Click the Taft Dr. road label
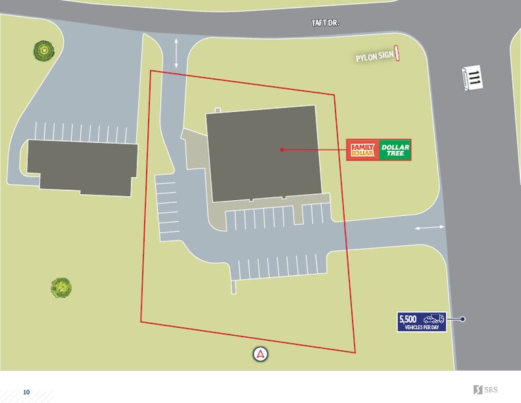point(325,23)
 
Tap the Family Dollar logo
point(363,149)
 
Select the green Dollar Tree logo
point(395,149)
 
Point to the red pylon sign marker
point(398,53)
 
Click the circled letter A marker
point(260,354)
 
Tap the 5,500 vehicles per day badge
point(422,321)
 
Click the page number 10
point(27,392)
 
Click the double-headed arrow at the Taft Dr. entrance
point(177,53)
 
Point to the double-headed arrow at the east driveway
point(429,228)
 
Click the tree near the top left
point(44,49)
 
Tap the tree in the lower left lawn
point(61,287)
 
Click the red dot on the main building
point(281,149)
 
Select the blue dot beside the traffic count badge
point(463,319)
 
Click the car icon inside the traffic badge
point(433,319)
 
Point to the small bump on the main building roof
point(218,110)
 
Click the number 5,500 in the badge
point(408,319)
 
